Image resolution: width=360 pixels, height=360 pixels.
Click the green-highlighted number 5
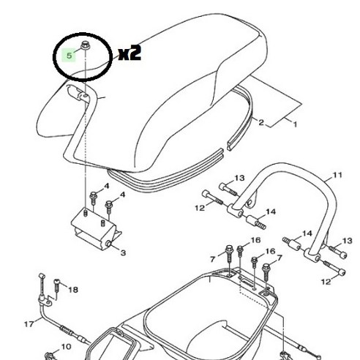70,55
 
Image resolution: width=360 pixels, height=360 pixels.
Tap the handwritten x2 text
129,53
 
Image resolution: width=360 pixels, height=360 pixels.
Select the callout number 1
295,125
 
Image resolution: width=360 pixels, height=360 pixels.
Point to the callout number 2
260,123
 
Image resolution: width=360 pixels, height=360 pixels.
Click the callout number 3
122,253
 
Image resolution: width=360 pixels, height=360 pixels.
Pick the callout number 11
316,175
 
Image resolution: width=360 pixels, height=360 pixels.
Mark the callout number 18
72,290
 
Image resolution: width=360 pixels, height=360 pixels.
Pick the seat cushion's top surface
183,73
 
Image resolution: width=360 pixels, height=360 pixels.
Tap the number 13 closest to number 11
219,178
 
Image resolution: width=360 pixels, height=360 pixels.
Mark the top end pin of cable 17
42,277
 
